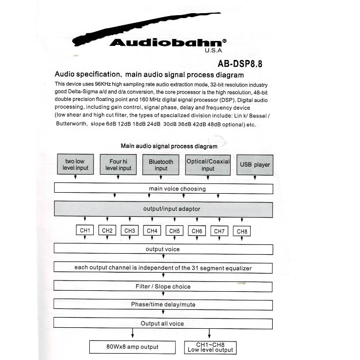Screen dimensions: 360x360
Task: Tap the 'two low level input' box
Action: pos(75,165)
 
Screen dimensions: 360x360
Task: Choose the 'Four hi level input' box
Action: pos(118,165)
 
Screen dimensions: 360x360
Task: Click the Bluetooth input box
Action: pos(161,165)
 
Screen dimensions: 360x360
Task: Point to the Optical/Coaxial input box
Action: pos(208,165)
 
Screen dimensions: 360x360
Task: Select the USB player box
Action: pos(255,165)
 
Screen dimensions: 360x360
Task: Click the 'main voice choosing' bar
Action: pos(163,189)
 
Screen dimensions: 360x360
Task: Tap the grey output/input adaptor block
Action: pos(163,209)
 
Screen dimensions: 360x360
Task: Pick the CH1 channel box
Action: pos(85,231)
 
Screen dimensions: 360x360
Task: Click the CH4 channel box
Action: pos(152,231)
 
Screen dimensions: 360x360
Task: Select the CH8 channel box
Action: pos(242,231)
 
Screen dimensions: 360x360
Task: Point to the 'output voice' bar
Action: pos(163,249)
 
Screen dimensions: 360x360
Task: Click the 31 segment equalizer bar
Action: pos(163,268)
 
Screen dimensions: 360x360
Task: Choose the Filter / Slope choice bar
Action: pos(163,286)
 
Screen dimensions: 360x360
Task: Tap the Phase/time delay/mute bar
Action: pos(163,305)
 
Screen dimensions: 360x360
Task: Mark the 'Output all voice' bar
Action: pos(163,323)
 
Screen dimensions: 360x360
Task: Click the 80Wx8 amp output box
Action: pos(132,347)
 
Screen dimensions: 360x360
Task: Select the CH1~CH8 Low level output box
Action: pos(210,347)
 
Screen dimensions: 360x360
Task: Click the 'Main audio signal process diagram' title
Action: pos(169,146)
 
